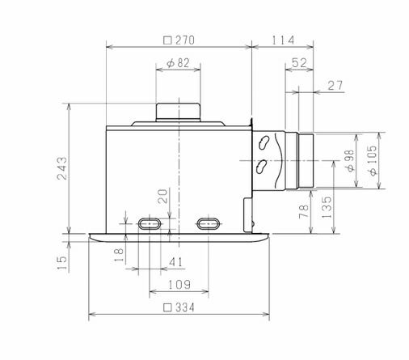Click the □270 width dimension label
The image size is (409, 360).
click(x=179, y=40)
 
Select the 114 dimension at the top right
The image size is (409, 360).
click(x=283, y=40)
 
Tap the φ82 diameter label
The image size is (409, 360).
click(x=178, y=63)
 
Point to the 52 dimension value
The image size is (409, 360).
click(x=299, y=63)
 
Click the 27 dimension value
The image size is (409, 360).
click(x=335, y=86)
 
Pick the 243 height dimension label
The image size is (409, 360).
click(x=61, y=168)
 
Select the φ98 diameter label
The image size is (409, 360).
click(x=349, y=161)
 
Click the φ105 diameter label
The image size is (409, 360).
click(x=373, y=161)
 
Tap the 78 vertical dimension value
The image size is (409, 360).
click(x=304, y=211)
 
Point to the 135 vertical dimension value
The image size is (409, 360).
click(x=327, y=207)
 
